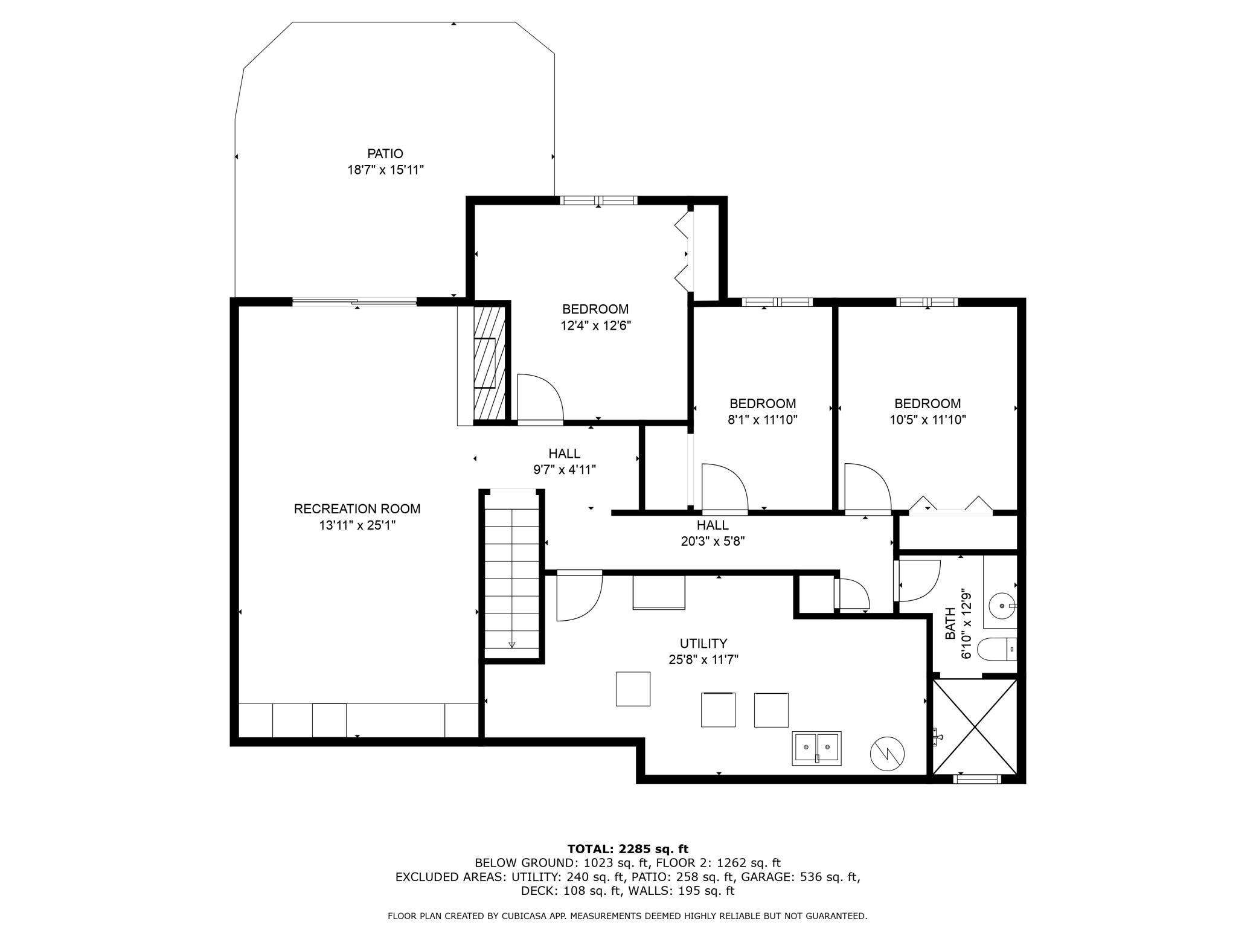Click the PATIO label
(385, 154)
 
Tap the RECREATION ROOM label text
(357, 509)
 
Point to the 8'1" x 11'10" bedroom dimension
(763, 420)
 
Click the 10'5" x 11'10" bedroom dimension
(928, 420)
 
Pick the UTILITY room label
(703, 644)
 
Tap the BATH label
(950, 624)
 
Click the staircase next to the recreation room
(512, 578)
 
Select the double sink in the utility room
(816, 748)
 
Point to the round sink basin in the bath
(1003, 604)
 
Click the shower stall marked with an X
(975, 726)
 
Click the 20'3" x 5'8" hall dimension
(713, 542)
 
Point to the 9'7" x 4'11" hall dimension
(565, 469)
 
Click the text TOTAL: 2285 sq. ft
(628, 849)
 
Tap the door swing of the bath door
(918, 581)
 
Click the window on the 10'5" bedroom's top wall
(927, 302)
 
